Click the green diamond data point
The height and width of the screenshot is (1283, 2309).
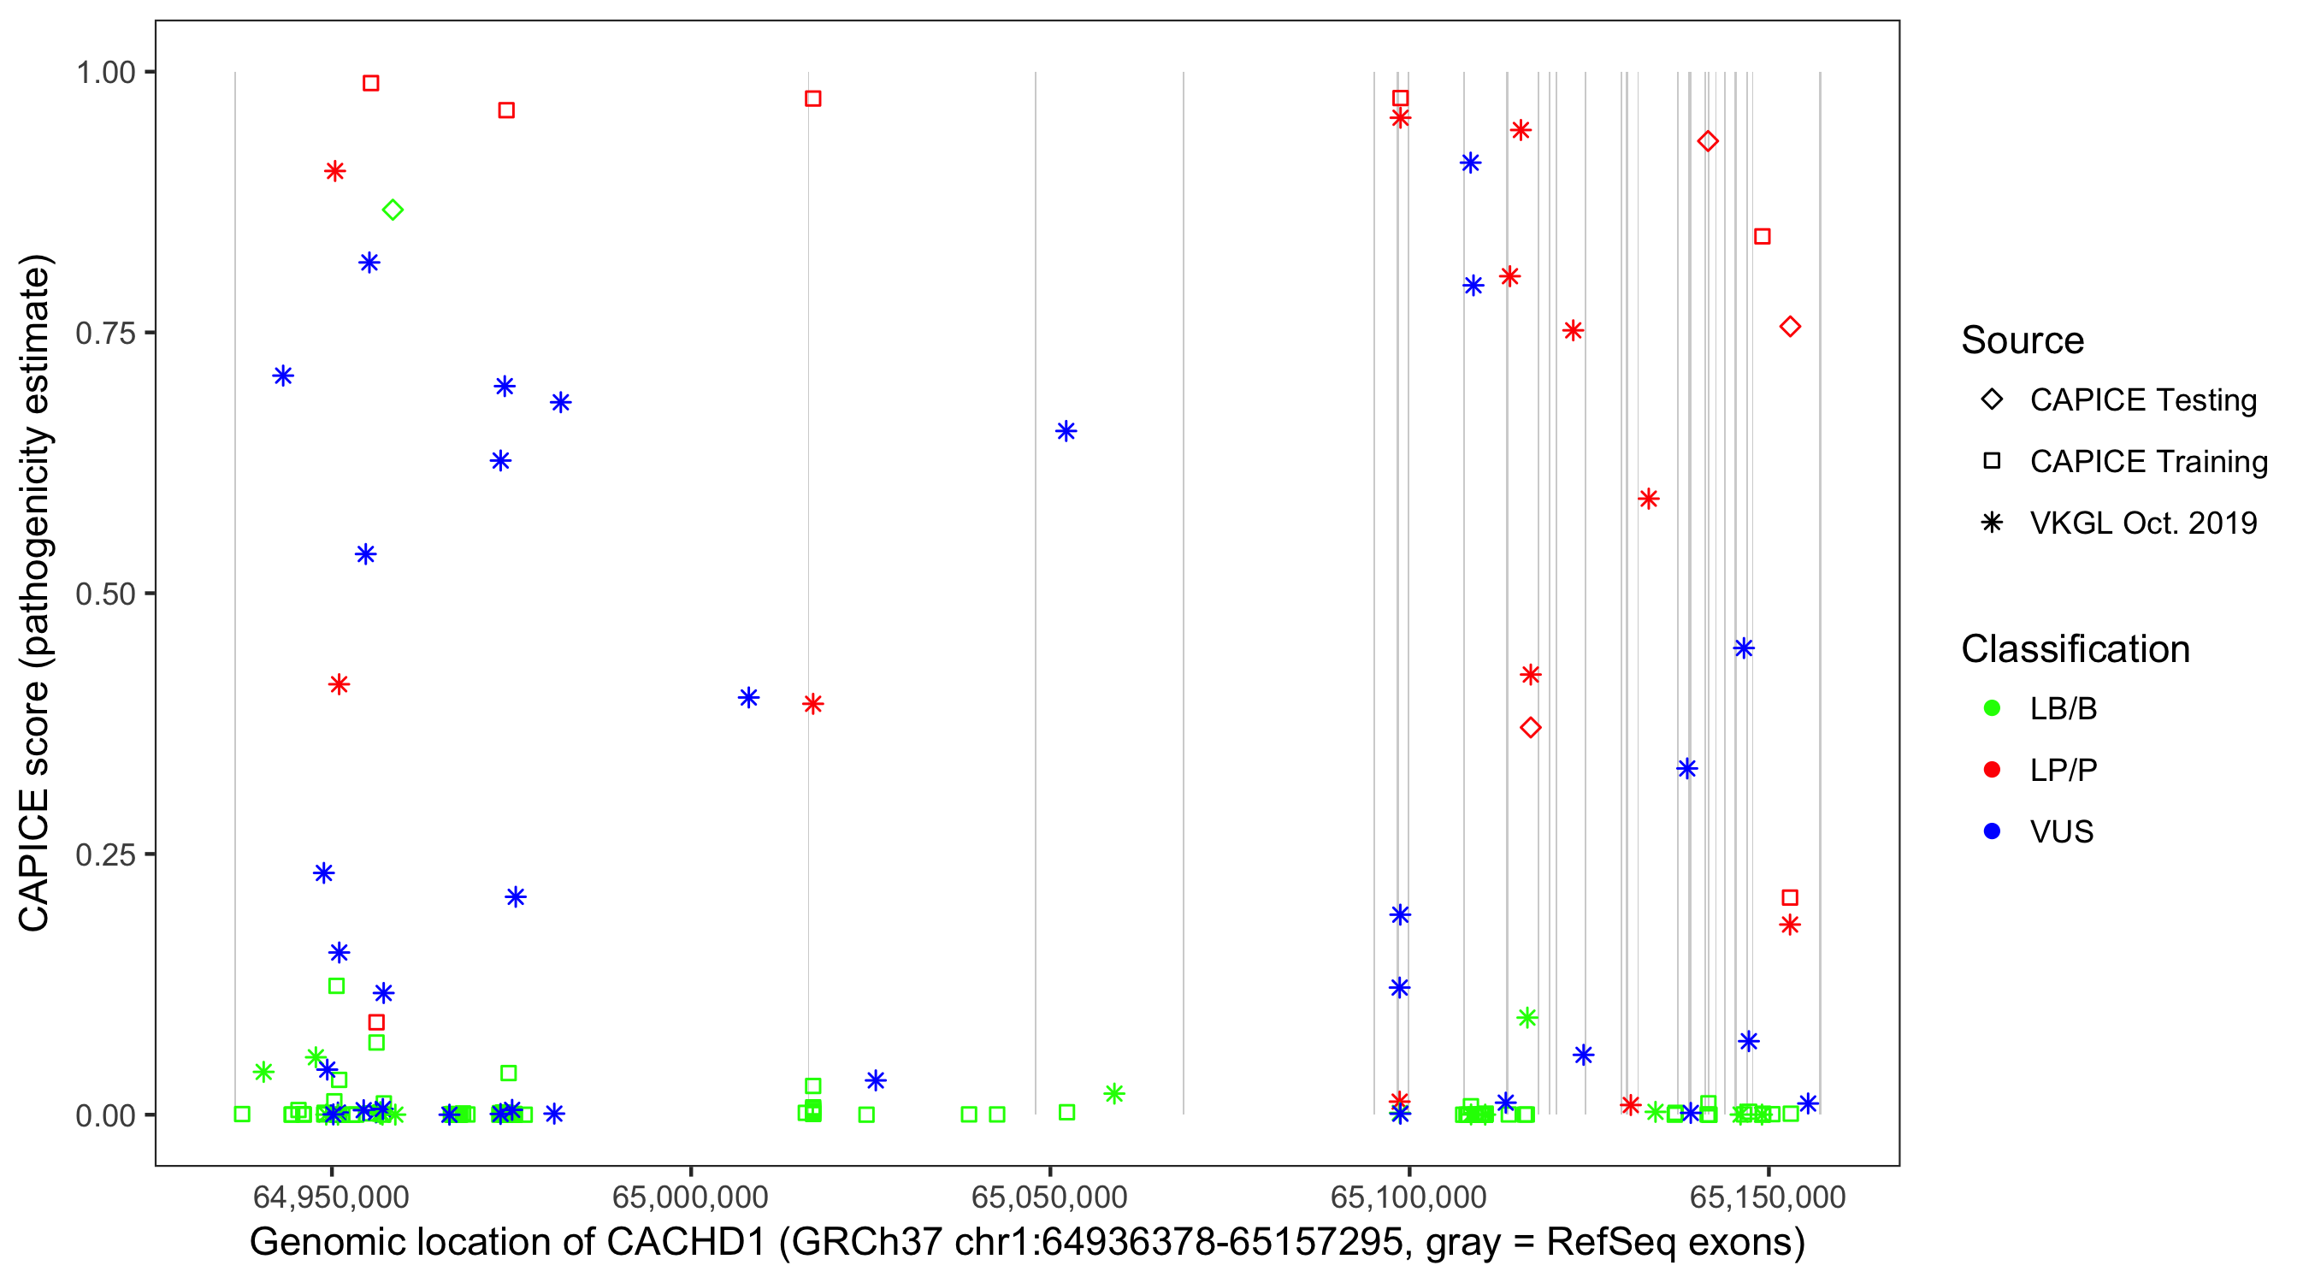coord(393,210)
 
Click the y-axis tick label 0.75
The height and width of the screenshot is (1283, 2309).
coord(104,334)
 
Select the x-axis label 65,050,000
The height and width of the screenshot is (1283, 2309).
coord(1049,1197)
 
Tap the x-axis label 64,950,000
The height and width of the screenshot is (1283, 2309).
coord(331,1197)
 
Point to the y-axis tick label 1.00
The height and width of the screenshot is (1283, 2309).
coord(104,73)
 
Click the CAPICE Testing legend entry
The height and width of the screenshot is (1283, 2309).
coord(2142,400)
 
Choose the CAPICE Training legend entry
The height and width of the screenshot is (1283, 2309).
coord(2147,462)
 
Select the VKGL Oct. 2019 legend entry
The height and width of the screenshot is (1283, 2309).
coord(2142,523)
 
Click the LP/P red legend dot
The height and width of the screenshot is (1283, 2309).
coord(1993,770)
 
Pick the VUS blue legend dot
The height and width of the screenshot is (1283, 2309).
coord(1993,831)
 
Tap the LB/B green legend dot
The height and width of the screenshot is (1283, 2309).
coord(1993,708)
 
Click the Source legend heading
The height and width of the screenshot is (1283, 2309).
coord(2023,340)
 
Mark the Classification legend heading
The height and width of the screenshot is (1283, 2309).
coord(2075,649)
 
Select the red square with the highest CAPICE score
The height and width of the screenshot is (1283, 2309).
coord(370,83)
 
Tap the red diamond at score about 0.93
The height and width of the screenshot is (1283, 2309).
coord(1708,142)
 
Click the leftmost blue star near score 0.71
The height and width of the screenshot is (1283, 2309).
coord(283,375)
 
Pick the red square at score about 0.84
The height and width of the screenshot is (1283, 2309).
coord(1763,237)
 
